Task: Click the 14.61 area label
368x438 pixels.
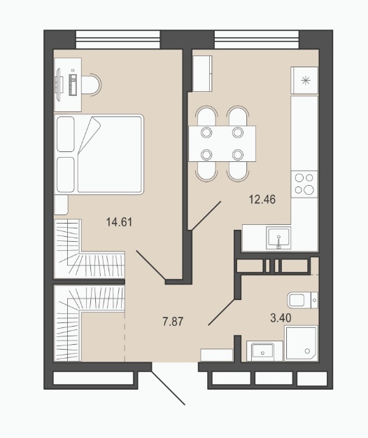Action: pos(119,222)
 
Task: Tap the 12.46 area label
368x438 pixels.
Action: pos(262,200)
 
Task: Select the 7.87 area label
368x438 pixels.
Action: pos(173,322)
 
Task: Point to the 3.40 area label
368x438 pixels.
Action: pos(281,318)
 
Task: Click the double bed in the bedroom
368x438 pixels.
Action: pos(99,154)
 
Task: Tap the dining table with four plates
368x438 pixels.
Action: pos(222,144)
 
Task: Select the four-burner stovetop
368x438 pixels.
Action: pos(304,184)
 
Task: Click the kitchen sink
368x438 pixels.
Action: pos(278,238)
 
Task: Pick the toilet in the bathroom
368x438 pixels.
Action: pos(302,300)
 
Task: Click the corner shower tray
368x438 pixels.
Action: pos(301,343)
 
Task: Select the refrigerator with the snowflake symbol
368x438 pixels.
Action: pos(304,81)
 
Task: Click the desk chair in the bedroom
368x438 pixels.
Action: pos(92,85)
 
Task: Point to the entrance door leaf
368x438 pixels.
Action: pos(168,388)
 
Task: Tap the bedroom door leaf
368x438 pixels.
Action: pos(151,265)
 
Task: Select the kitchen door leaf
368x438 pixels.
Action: pos(206,216)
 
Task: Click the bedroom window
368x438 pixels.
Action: pos(118,39)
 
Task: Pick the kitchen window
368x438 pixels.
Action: pos(257,39)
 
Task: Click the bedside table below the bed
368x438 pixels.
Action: pos(61,205)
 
